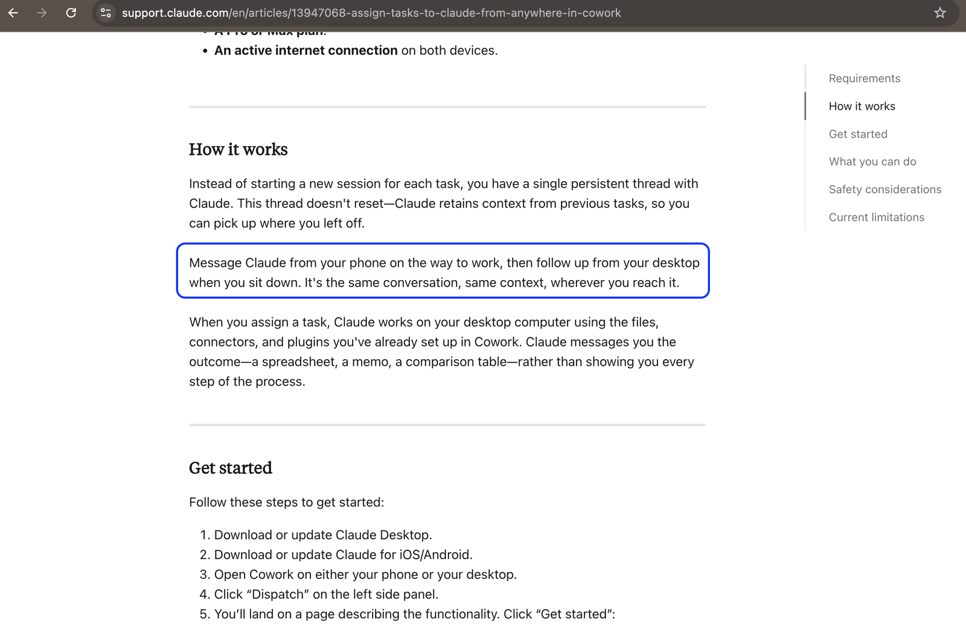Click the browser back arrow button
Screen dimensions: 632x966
click(13, 13)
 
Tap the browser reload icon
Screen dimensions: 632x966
click(71, 13)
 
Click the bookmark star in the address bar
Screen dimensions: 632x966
click(940, 13)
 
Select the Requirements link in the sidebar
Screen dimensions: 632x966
click(864, 78)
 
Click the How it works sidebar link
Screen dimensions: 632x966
click(862, 106)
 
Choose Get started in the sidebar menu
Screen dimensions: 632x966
click(857, 134)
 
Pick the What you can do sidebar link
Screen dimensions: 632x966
click(872, 162)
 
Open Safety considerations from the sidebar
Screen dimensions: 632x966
click(884, 190)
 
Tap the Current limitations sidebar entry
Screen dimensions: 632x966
click(876, 217)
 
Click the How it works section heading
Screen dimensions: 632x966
click(238, 150)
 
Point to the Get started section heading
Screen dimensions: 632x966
click(230, 468)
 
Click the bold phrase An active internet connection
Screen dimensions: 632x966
click(305, 51)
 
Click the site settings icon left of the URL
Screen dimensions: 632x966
click(106, 13)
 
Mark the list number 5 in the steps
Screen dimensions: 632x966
click(203, 614)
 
